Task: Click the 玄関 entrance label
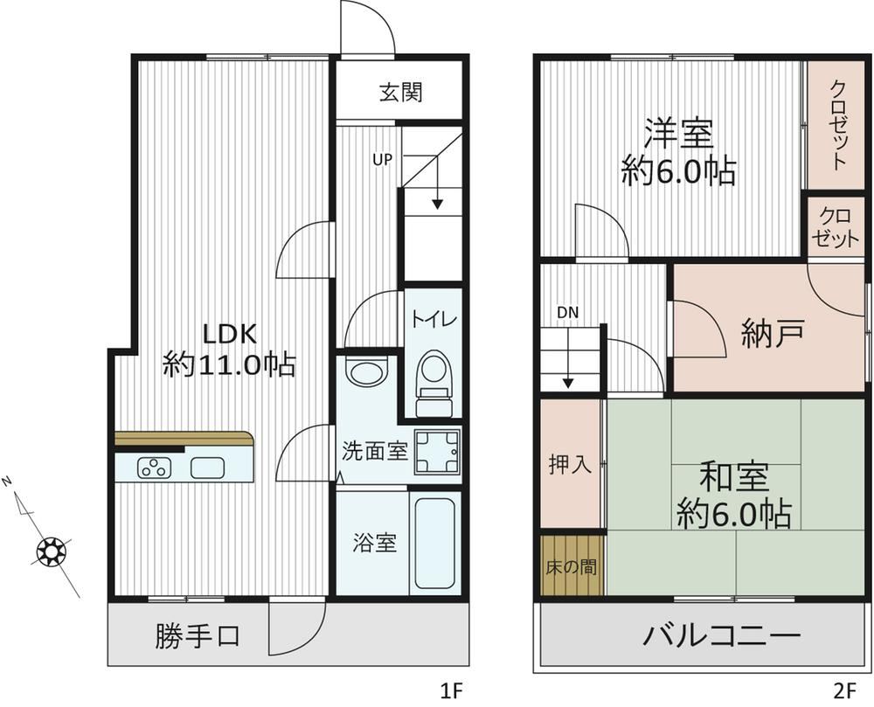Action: pyautogui.click(x=401, y=92)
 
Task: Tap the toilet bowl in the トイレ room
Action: pyautogui.click(x=434, y=384)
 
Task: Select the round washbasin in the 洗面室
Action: pyautogui.click(x=365, y=371)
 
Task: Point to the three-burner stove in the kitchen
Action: pyautogui.click(x=155, y=468)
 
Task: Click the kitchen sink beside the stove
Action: pyautogui.click(x=207, y=468)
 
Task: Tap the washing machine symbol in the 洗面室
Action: pyautogui.click(x=437, y=452)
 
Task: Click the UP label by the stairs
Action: pyautogui.click(x=383, y=160)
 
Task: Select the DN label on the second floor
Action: pyautogui.click(x=568, y=313)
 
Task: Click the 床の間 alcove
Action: pyautogui.click(x=572, y=565)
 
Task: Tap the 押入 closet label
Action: pyautogui.click(x=570, y=464)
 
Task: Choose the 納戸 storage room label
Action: pyautogui.click(x=773, y=333)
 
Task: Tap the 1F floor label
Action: pyautogui.click(x=452, y=691)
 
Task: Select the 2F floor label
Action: pyautogui.click(x=844, y=691)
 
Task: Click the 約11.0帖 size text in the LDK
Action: pyautogui.click(x=229, y=365)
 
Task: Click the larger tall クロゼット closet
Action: pyautogui.click(x=836, y=125)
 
